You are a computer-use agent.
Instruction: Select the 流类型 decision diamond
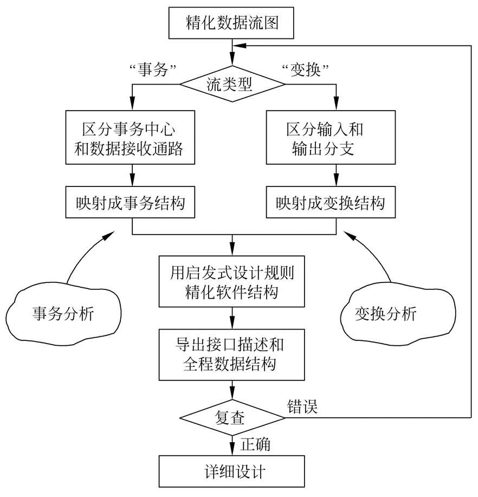[232, 84]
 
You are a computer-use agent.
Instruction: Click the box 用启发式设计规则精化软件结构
[232, 282]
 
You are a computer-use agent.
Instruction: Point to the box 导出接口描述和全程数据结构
[232, 354]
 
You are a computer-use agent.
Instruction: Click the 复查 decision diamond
[232, 418]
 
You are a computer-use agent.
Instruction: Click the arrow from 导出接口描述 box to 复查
[232, 390]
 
